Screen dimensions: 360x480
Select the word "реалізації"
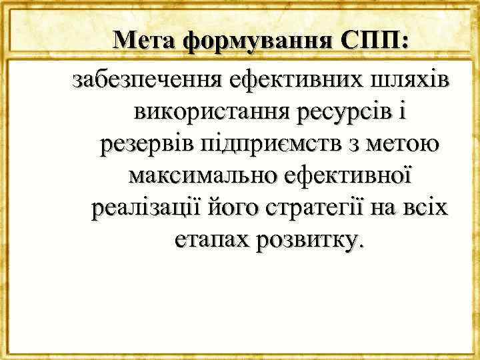click(x=137, y=209)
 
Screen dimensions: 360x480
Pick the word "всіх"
click(x=424, y=208)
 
